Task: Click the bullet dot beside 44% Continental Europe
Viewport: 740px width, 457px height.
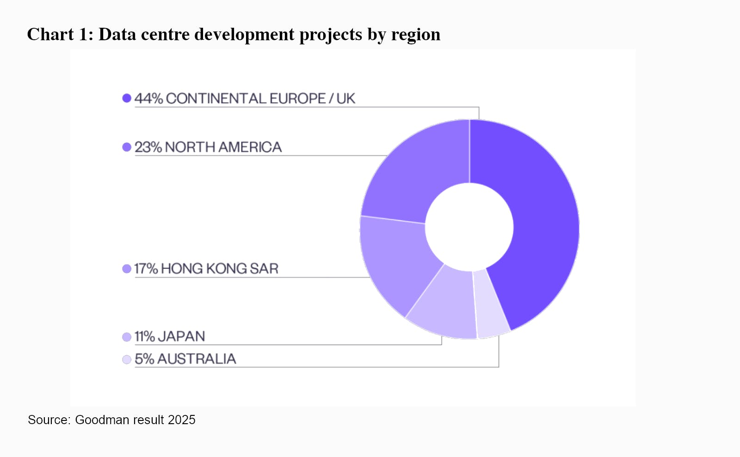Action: click(127, 98)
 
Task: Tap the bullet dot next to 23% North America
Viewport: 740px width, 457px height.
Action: click(127, 147)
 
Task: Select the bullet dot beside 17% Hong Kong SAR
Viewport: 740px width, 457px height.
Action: click(127, 269)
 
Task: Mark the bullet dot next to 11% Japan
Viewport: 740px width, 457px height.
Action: click(127, 337)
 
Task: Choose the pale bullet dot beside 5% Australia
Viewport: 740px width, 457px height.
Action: click(127, 359)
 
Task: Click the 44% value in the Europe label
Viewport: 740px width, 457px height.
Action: click(148, 99)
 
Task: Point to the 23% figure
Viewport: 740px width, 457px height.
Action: click(148, 147)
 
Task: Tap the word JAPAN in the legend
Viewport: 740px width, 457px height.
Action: click(181, 336)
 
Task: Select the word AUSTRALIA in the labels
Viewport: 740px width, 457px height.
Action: click(197, 359)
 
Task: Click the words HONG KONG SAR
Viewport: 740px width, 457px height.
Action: click(220, 269)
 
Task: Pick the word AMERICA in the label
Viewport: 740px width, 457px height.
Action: click(250, 147)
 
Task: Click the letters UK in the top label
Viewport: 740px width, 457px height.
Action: click(345, 99)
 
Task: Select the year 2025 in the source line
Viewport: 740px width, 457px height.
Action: click(181, 420)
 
